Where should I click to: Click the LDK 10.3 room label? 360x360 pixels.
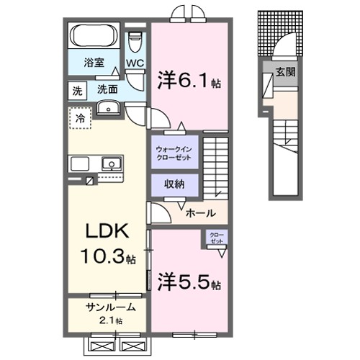click(108, 243)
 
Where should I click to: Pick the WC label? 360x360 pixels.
click(135, 63)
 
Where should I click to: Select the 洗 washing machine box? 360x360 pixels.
click(77, 90)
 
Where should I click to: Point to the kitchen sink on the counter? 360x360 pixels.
click(111, 164)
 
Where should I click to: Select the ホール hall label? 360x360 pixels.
click(199, 213)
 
